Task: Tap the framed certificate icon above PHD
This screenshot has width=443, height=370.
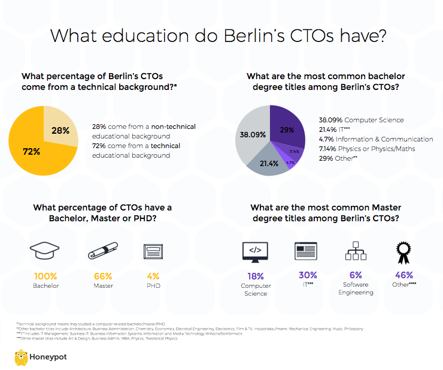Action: (153, 251)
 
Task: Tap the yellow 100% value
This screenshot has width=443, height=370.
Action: (45, 276)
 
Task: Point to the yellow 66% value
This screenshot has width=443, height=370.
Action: (103, 276)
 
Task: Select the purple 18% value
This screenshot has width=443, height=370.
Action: (256, 276)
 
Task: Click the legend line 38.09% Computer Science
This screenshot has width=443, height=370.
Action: (360, 120)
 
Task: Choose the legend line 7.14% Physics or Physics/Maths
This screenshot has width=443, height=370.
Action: (367, 149)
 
